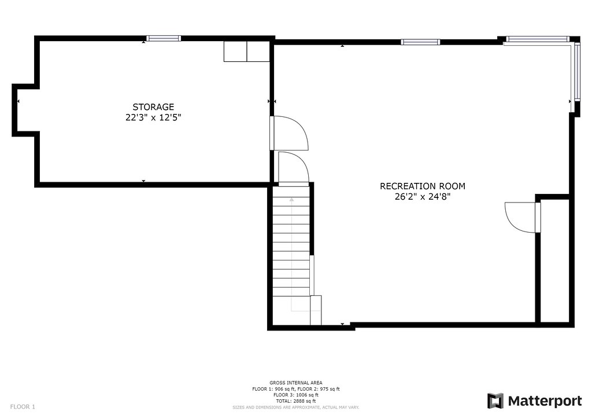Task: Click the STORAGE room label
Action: coord(153,107)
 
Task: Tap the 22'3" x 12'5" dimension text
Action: coord(153,117)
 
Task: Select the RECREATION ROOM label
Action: coord(423,186)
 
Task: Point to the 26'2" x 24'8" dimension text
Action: coord(423,196)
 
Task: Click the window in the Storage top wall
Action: coord(164,38)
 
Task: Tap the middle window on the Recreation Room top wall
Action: coord(420,42)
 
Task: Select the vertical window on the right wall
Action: coord(577,71)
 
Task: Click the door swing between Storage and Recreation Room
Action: coord(288,133)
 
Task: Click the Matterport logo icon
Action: coord(495,401)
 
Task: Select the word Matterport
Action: coord(545,401)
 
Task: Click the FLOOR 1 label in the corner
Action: coord(23,407)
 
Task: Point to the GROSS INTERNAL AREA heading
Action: coord(296,383)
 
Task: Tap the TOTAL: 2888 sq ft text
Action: coord(296,401)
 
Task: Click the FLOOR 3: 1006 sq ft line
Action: coord(296,395)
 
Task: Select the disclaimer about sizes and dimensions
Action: coord(296,407)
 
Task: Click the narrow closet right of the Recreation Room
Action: coord(554,260)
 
